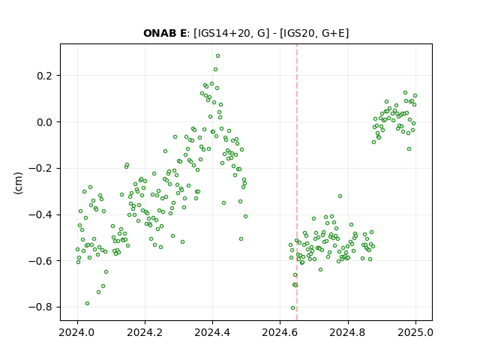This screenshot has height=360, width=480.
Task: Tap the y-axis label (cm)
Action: (18, 183)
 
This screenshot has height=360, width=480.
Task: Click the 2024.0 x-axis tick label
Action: (77, 332)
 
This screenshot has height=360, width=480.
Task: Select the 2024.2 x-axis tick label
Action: (145, 332)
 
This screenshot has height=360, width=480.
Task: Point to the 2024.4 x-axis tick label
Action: (212, 332)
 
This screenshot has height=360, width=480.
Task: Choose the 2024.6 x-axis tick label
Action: (280, 332)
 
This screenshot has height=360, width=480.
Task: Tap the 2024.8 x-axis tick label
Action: (348, 332)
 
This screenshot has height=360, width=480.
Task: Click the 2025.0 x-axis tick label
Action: (415, 332)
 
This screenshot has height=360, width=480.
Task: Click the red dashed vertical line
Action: (297, 182)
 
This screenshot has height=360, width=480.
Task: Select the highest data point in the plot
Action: (217, 56)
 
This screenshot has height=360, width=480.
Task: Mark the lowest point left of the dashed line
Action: (293, 308)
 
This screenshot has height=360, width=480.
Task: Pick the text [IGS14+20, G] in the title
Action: (232, 33)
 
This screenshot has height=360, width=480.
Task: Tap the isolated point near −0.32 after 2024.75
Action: (340, 196)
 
